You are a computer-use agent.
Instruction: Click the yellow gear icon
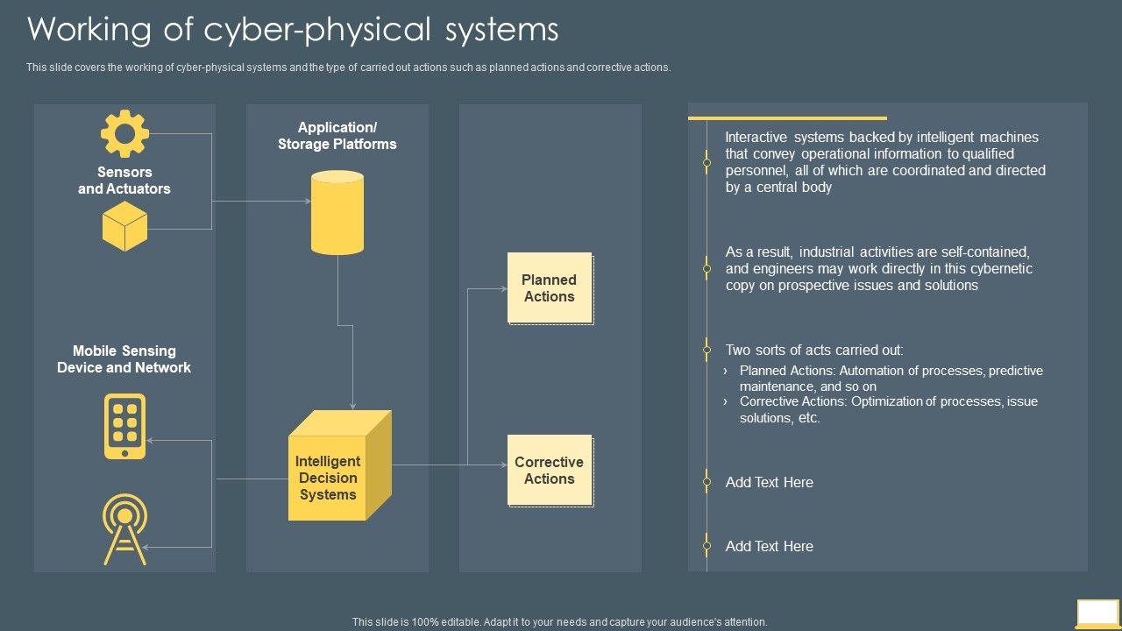tap(124, 133)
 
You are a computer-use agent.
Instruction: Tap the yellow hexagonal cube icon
tap(124, 226)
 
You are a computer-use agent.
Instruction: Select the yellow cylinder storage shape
tap(337, 213)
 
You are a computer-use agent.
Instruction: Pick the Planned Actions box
tap(550, 288)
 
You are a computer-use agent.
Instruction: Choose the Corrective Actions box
tap(550, 471)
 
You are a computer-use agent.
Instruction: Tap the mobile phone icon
tap(124, 426)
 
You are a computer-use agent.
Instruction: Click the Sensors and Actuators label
tap(124, 181)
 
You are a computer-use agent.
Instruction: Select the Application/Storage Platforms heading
tap(337, 136)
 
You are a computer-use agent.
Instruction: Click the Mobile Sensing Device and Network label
tap(124, 359)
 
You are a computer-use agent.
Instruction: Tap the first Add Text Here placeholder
tap(769, 482)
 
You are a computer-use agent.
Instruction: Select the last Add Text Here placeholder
tap(769, 546)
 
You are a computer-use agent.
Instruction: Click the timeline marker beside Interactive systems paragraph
tap(707, 162)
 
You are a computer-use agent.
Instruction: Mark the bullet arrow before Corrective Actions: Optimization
tap(726, 401)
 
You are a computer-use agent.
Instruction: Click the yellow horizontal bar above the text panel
tap(787, 117)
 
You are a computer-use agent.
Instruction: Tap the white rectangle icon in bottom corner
tap(1097, 612)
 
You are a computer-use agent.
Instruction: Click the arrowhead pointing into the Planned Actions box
tap(503, 288)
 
